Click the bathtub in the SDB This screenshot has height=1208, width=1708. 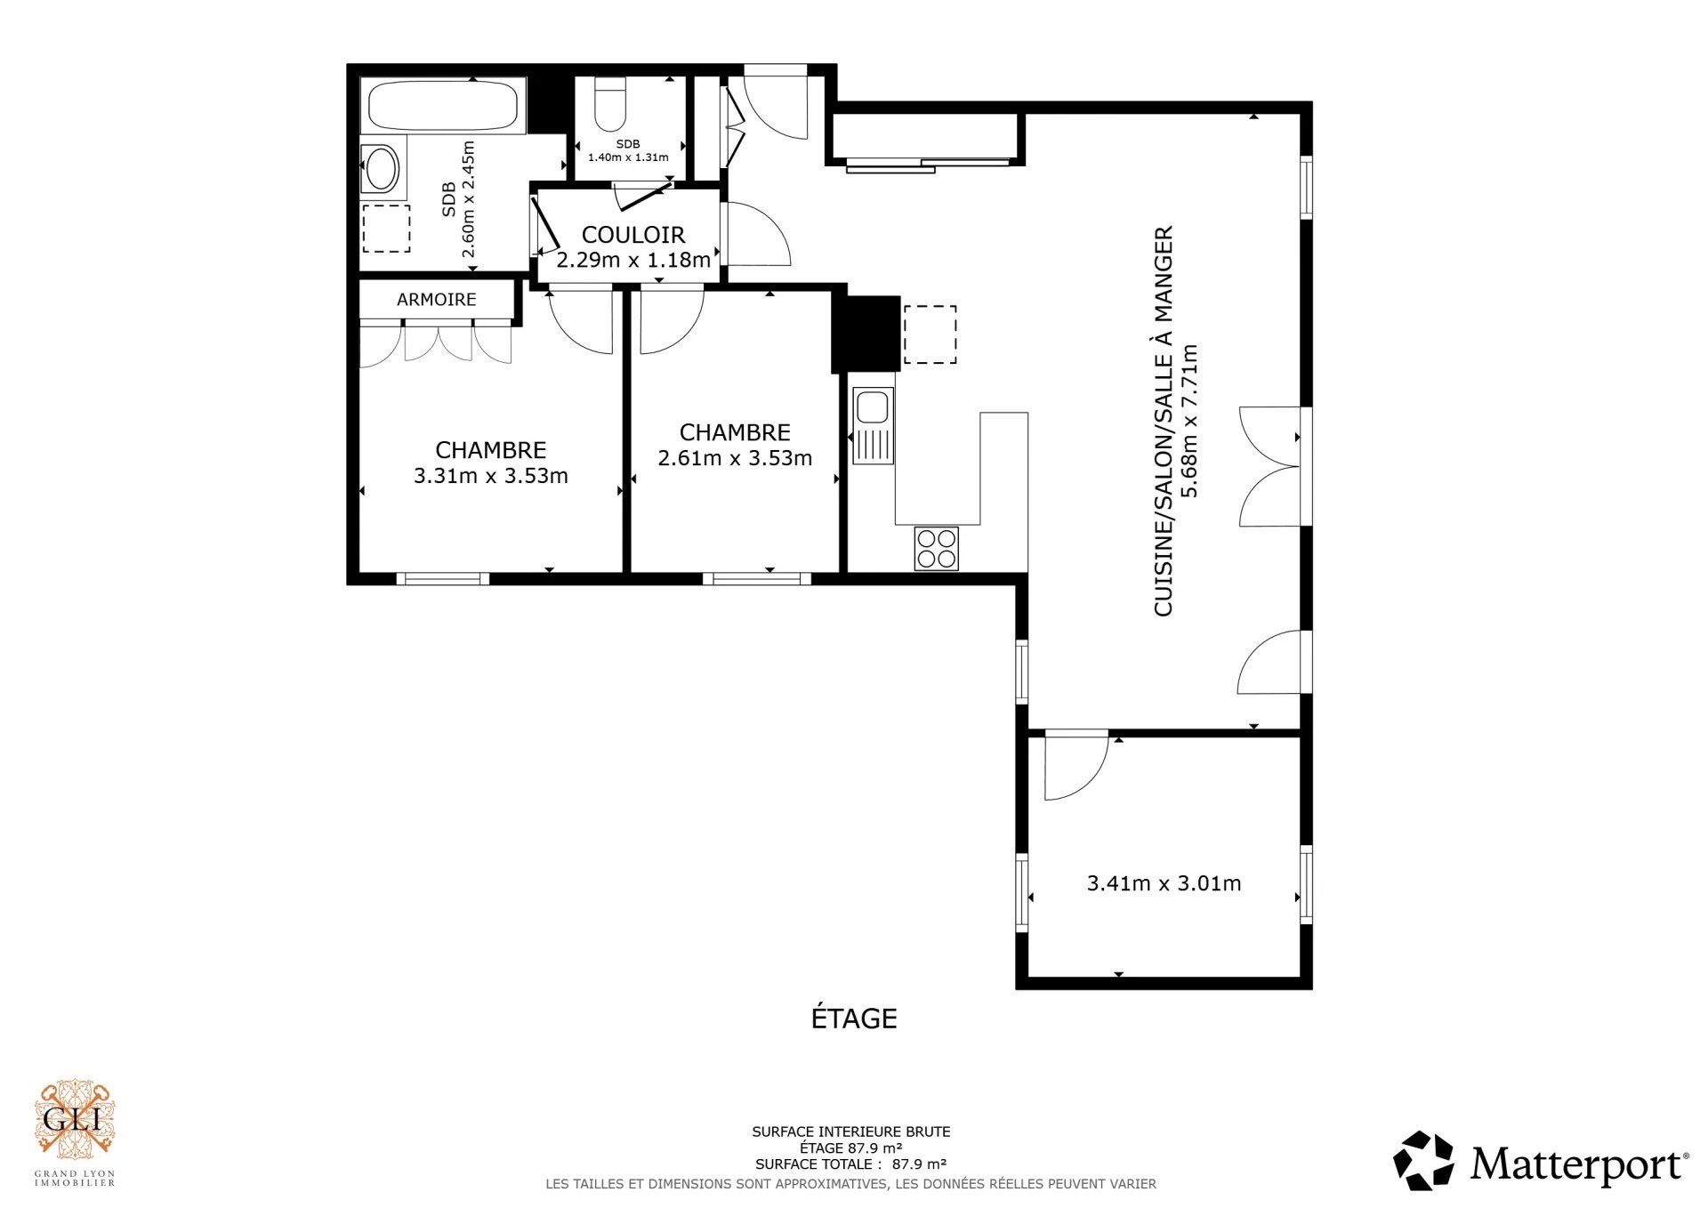pyautogui.click(x=443, y=107)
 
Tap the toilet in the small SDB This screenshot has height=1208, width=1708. pyautogui.click(x=610, y=104)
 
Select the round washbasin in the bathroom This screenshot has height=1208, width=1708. pyautogui.click(x=383, y=168)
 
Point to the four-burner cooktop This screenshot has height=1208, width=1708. pyautogui.click(x=936, y=549)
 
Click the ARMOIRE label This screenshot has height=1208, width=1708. pyautogui.click(x=437, y=300)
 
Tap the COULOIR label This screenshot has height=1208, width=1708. pyautogui.click(x=633, y=235)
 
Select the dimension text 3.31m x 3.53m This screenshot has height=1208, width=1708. pyautogui.click(x=491, y=476)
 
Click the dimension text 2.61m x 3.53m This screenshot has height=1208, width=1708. pyautogui.click(x=735, y=458)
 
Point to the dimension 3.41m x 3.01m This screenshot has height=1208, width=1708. pyautogui.click(x=1164, y=883)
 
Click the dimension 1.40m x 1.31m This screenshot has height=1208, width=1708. pyautogui.click(x=628, y=157)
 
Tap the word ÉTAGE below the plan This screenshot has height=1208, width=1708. pyautogui.click(x=854, y=1018)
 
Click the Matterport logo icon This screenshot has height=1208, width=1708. pyautogui.click(x=1423, y=1161)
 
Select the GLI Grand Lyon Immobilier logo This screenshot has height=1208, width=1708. pyautogui.click(x=75, y=1132)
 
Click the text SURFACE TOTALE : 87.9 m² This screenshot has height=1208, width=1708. pyautogui.click(x=850, y=1164)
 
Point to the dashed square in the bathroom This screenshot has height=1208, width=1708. pyautogui.click(x=386, y=229)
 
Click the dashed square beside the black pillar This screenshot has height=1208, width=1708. pyautogui.click(x=930, y=334)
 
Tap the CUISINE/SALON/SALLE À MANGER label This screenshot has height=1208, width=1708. pyautogui.click(x=1164, y=421)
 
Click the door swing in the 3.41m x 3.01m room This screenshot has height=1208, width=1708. pyautogui.click(x=1076, y=765)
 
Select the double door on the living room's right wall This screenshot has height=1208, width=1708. pyautogui.click(x=1270, y=467)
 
